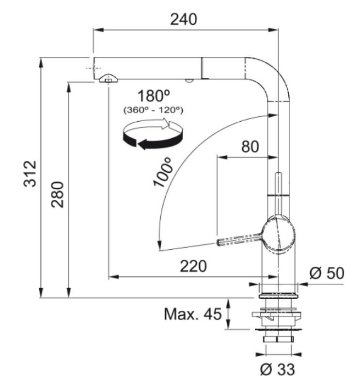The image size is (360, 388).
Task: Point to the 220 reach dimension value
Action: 193,266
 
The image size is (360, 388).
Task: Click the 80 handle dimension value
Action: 250,146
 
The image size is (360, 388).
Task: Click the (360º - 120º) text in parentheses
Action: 154,110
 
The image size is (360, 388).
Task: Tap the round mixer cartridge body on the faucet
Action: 278,235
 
